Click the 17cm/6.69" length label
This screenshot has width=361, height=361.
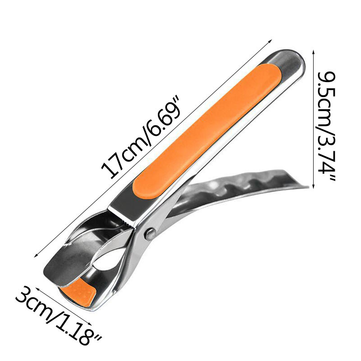click(x=140, y=138)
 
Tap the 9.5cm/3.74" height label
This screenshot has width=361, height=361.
click(x=326, y=126)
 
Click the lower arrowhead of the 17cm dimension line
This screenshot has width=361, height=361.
click(x=36, y=255)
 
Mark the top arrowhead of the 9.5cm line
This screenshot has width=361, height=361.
click(x=313, y=51)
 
